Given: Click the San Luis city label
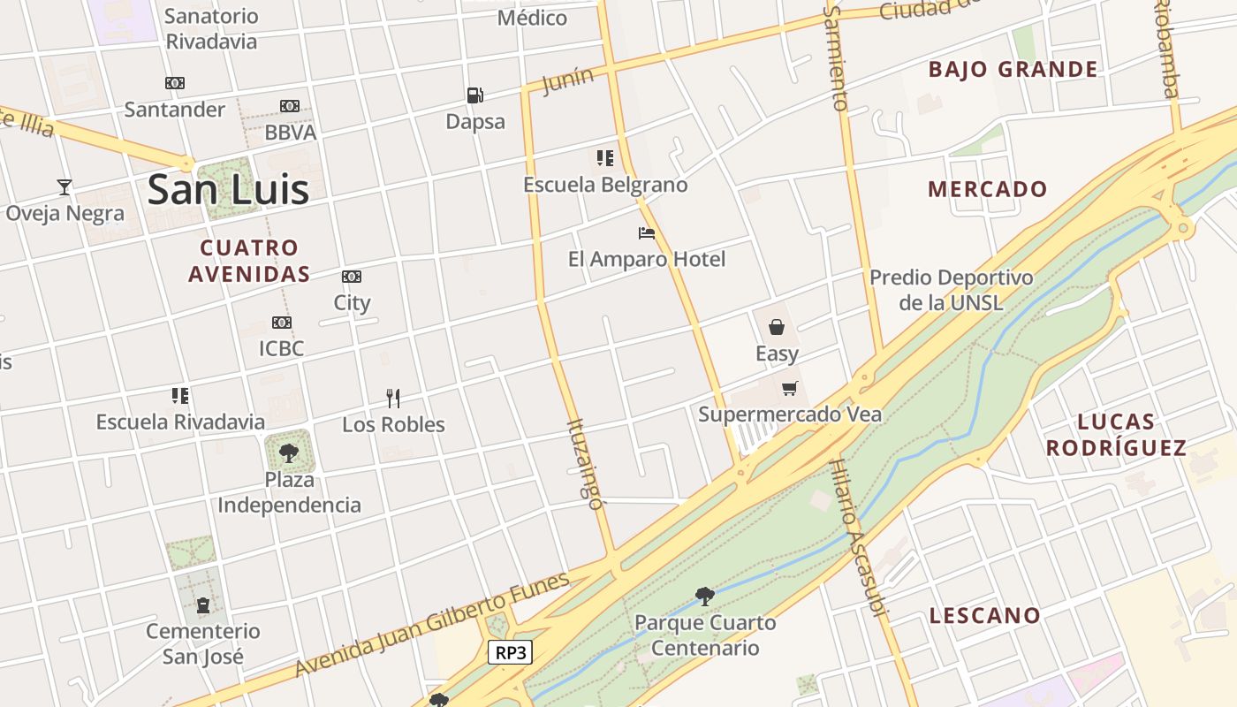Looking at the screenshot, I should pos(228,189).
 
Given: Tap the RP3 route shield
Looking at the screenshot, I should pos(512,653).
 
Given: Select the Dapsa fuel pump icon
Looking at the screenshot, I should pos(475,95).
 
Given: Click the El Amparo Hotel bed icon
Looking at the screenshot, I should pos(647,233).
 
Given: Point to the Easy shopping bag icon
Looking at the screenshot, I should pos(777,328).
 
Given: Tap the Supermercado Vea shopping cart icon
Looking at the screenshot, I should pos(790,388).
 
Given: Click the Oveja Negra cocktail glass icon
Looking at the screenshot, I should pos(65,186).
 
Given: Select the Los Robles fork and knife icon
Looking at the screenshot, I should pos(393,399).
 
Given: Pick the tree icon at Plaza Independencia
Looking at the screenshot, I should pos(288,453).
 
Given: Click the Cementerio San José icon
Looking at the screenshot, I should pos(203,605).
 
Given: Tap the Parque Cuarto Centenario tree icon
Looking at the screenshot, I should pos(704,597).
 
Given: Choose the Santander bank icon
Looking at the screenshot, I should pos(175,83).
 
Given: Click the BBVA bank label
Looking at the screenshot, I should pos(291,133).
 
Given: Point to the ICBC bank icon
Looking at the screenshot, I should pos(282,323).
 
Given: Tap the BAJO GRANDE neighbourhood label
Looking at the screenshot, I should pos(1013,69).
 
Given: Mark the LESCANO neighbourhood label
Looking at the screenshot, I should pos(984,615).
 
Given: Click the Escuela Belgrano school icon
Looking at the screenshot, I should pos(605,158).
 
